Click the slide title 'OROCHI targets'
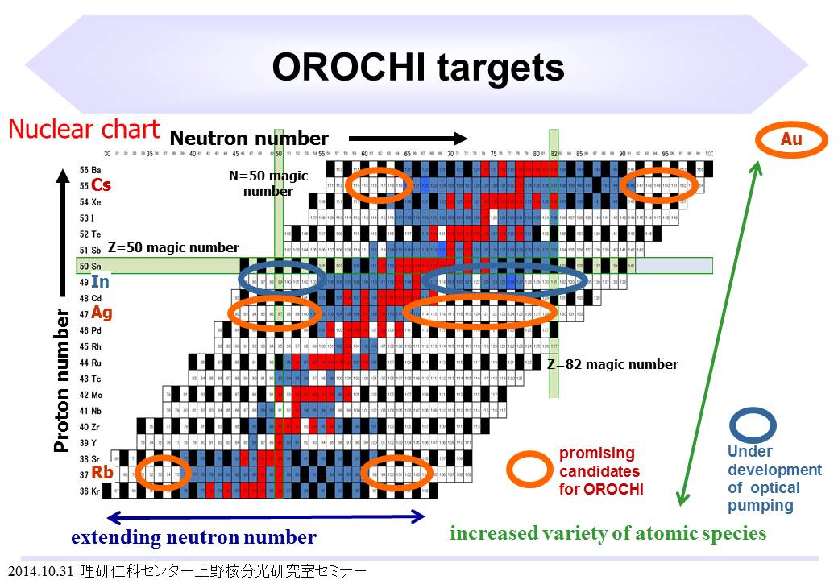coord(418,68)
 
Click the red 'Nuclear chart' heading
coord(84,129)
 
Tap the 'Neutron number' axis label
coord(249,139)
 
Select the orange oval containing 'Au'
coord(791,139)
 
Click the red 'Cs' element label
coord(101,185)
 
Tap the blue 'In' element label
coord(100,282)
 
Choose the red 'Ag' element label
coord(102,312)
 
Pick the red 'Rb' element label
coord(102,471)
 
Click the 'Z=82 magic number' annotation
coord(612,364)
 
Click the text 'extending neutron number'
coord(193,537)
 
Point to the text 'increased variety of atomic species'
coord(608,533)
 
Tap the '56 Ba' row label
coord(89,170)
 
